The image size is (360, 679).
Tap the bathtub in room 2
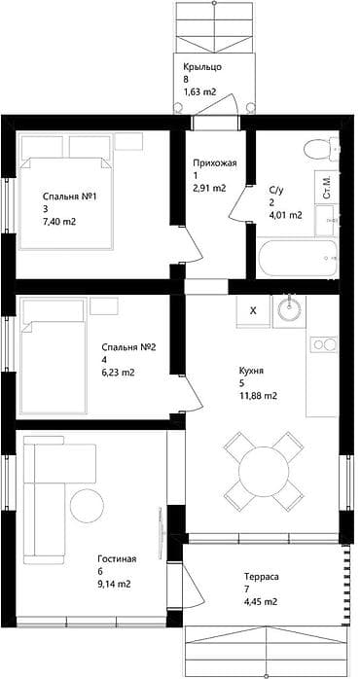(297, 259)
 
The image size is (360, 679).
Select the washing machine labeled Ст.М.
(327, 187)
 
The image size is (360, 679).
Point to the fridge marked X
(253, 311)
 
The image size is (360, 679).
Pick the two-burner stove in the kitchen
(324, 344)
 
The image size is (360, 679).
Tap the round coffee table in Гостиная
(87, 505)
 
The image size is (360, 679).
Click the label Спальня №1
(69, 197)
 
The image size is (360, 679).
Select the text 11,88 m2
(258, 395)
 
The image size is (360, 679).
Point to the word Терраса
(261, 577)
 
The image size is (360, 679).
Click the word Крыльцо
(202, 67)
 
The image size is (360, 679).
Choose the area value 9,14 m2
(115, 585)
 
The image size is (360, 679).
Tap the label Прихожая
(215, 163)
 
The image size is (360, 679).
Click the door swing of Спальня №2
(191, 393)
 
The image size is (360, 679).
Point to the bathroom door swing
(238, 203)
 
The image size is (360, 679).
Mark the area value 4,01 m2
(286, 215)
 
